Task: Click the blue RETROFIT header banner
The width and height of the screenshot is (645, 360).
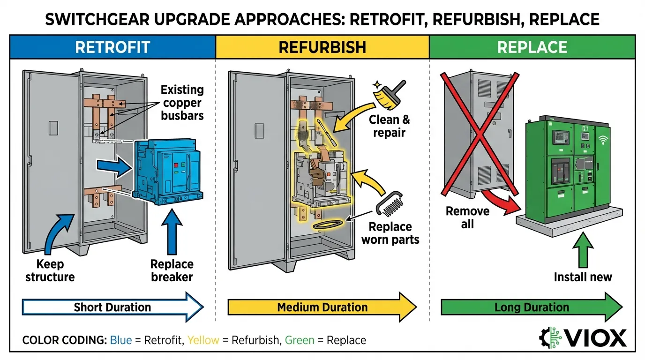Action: coord(112,47)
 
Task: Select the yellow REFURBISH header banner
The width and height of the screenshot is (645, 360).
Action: coord(322,47)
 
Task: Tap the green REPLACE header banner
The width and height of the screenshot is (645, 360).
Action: coord(532,47)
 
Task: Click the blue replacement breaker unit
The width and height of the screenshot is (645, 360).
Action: coord(168,172)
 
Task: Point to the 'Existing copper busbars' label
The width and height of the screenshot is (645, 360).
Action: coord(182,102)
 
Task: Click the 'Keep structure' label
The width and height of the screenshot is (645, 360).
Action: coord(50,270)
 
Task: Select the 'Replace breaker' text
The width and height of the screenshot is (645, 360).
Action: coord(172,270)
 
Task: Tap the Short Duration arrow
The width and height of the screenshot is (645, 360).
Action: coord(112,307)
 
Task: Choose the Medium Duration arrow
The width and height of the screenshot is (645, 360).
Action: coord(322,307)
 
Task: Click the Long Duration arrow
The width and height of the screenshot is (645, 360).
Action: coord(532,307)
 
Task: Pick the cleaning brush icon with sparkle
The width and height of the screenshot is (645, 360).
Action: coord(389,94)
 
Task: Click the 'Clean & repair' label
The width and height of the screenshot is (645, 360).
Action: coord(389,126)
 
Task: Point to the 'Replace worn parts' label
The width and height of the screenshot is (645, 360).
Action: coord(390,233)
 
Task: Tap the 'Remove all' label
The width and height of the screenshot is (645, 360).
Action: coord(467,217)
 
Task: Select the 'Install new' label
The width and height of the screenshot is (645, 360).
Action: coord(583,277)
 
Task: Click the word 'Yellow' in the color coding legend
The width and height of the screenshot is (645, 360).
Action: coord(203,340)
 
